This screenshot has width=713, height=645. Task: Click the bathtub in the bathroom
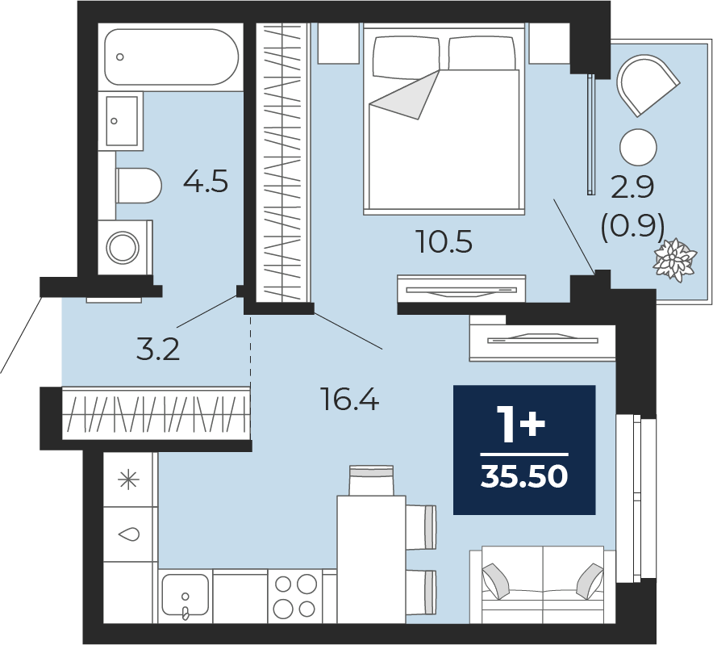coord(171,57)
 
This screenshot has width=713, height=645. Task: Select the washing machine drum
coord(123,248)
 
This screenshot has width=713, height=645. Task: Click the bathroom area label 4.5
coord(206,181)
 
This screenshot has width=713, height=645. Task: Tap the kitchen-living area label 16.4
coord(350,400)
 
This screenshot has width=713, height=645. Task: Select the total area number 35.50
coord(524,477)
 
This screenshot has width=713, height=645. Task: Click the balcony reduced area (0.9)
coord(632,226)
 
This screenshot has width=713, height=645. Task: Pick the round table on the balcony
coord(639,148)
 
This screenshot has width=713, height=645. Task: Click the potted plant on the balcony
coord(674,260)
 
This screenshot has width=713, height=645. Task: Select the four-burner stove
coord(295,596)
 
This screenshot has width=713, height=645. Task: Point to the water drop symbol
coord(129,534)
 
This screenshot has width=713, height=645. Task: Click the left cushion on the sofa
coord(498,582)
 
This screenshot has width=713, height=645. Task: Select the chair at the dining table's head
coord(371,480)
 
